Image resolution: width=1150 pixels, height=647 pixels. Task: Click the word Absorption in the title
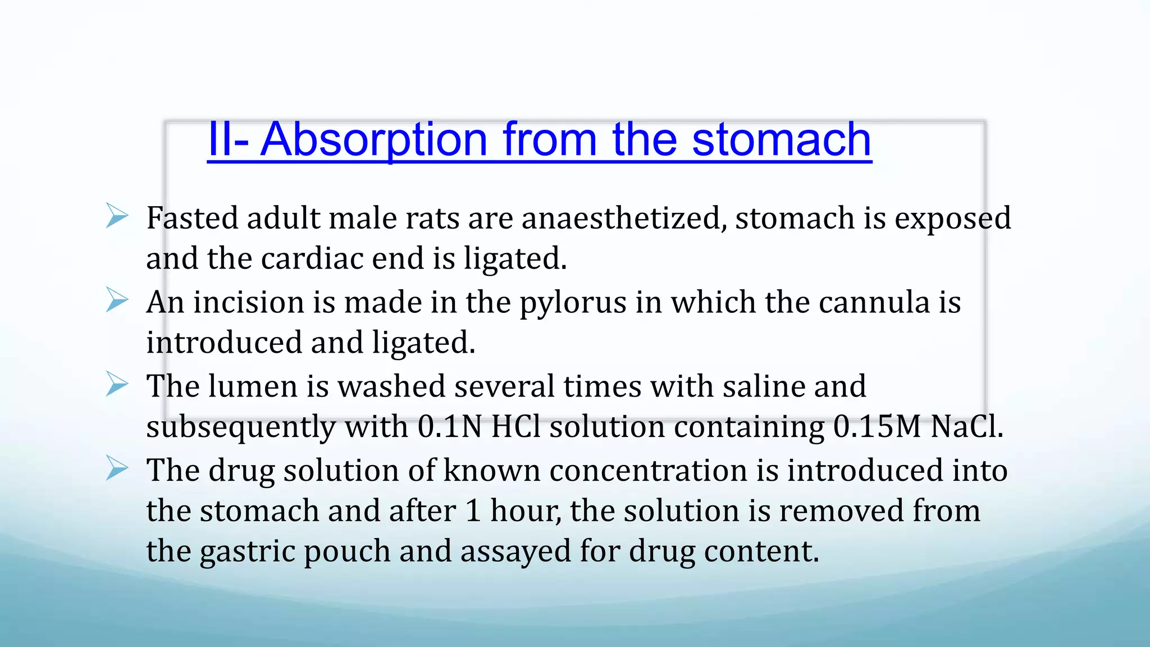pyautogui.click(x=374, y=140)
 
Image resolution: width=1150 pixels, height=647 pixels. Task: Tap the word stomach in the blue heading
pyautogui.click(x=781, y=140)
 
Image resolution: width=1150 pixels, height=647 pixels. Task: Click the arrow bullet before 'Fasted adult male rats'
pyautogui.click(x=117, y=216)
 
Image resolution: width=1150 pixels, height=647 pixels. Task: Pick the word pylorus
pyautogui.click(x=572, y=303)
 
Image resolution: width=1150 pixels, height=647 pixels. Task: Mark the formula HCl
pyautogui.click(x=515, y=427)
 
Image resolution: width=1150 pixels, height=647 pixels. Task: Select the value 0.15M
pyautogui.click(x=877, y=427)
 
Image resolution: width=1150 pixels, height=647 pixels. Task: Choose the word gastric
pyautogui.click(x=247, y=552)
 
